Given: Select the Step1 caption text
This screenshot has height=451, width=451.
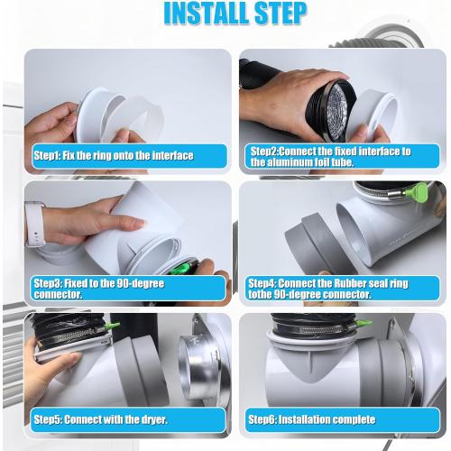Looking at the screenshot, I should [114, 155].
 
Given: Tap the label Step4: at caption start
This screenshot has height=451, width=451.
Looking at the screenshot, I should [268, 282].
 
